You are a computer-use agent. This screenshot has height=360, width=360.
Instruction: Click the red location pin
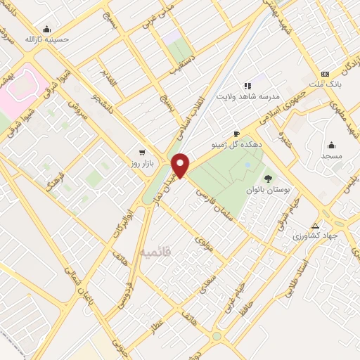click(x=181, y=165)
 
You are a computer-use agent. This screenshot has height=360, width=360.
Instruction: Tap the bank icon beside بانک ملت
click(x=325, y=74)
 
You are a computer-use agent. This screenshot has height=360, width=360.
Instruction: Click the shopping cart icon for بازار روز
click(x=143, y=152)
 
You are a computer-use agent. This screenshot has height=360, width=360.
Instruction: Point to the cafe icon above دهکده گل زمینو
click(x=237, y=134)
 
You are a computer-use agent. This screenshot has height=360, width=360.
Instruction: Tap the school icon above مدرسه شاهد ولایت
click(x=247, y=85)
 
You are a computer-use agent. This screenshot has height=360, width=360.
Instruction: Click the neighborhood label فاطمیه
click(x=153, y=251)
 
